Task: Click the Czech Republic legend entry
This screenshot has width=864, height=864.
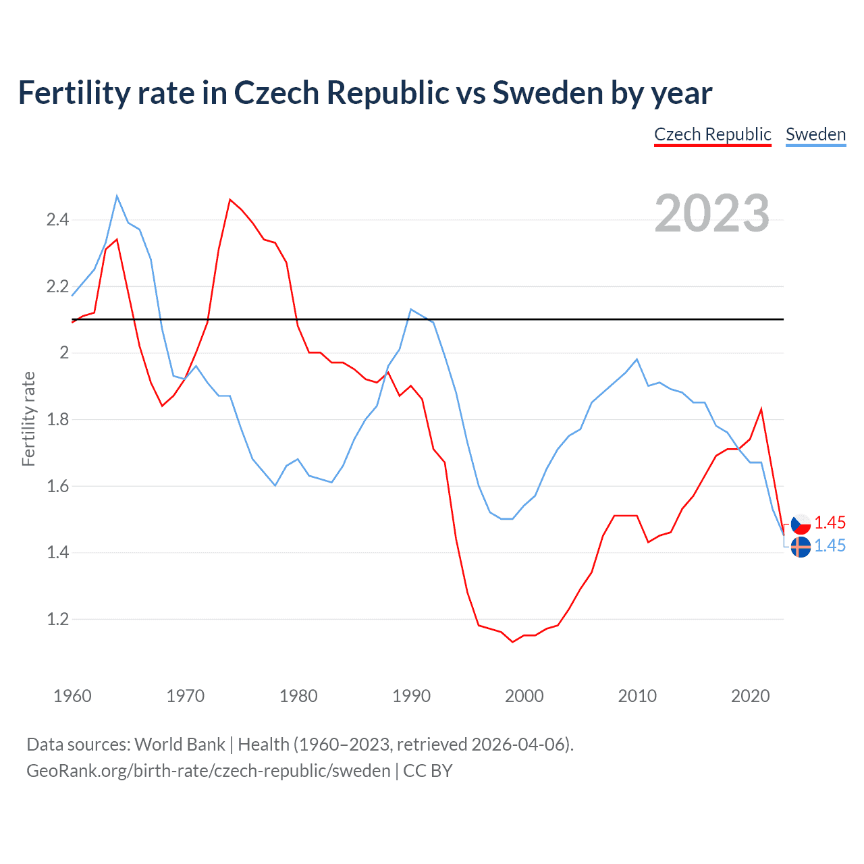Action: (712, 134)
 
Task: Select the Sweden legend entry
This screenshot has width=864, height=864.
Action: (815, 134)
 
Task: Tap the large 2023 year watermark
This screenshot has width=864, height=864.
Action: (711, 213)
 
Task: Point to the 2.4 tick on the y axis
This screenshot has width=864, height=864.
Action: (57, 219)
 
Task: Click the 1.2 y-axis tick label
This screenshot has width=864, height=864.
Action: (57, 619)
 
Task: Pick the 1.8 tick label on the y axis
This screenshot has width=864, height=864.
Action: (57, 419)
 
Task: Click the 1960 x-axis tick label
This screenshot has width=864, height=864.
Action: (72, 696)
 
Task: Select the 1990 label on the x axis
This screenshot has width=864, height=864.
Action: (411, 696)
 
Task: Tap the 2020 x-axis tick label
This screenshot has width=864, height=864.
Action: (750, 696)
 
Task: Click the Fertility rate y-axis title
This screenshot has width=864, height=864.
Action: (28, 418)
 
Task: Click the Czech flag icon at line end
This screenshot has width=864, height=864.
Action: (801, 524)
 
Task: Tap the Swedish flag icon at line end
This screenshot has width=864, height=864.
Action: (801, 547)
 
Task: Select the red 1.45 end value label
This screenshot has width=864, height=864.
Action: (830, 522)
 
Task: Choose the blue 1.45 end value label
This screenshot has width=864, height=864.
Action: (830, 545)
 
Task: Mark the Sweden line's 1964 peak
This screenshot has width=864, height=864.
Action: (117, 196)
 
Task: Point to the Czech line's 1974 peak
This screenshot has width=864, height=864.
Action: (230, 199)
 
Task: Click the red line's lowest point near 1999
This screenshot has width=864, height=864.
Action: (513, 642)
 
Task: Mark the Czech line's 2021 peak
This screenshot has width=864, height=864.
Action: (761, 409)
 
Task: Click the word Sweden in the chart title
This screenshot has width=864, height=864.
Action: (547, 93)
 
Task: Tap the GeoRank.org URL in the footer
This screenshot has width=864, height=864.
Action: (209, 771)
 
